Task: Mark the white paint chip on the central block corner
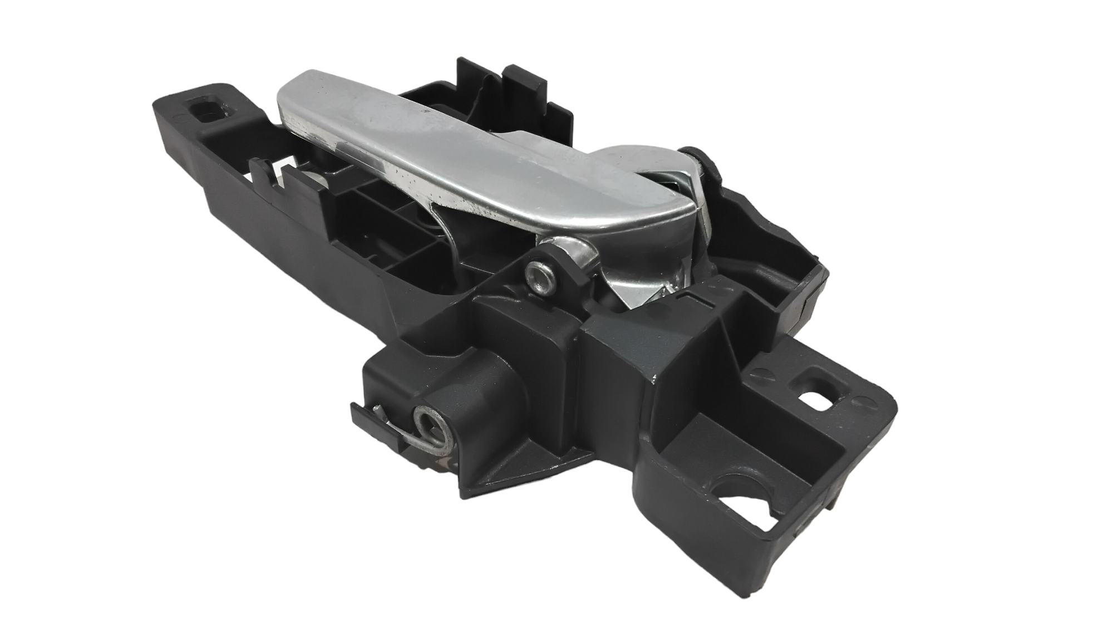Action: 654,379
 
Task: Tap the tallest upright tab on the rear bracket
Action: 465,78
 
